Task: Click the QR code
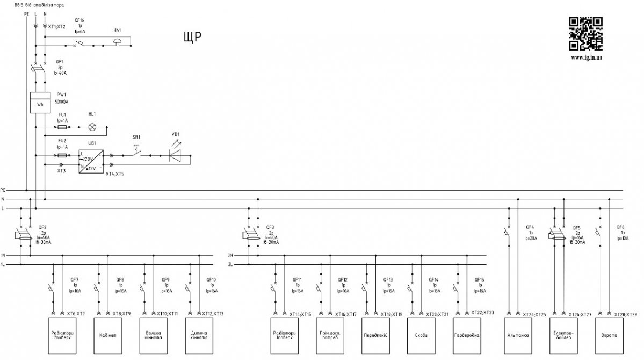point(585,34)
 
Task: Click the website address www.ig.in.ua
point(586,56)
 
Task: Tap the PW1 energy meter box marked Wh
point(40,102)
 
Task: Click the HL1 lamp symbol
point(92,127)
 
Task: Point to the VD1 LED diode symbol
point(175,155)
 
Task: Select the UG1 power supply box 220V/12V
point(90,160)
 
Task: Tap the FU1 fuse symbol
point(62,127)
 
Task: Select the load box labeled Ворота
point(609,335)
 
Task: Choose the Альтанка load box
point(518,335)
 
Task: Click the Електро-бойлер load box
point(563,335)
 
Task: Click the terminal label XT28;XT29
point(625,314)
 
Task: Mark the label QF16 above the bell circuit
point(79,20)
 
